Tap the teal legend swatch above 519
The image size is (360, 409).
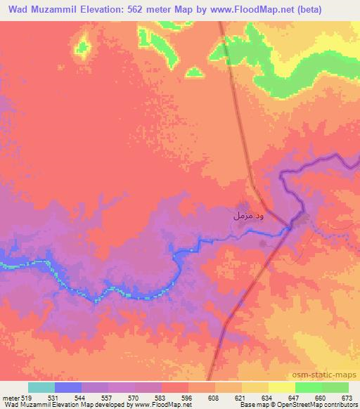click(x=41, y=387)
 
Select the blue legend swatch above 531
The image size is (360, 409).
click(x=68, y=387)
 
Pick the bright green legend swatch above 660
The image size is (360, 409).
click(x=308, y=387)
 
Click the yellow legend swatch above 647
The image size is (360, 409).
click(x=281, y=387)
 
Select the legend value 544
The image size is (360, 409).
click(x=95, y=398)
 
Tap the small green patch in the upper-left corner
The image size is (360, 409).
click(x=83, y=47)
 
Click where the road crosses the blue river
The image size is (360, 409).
click(x=290, y=226)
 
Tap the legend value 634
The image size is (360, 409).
click(x=257, y=398)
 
